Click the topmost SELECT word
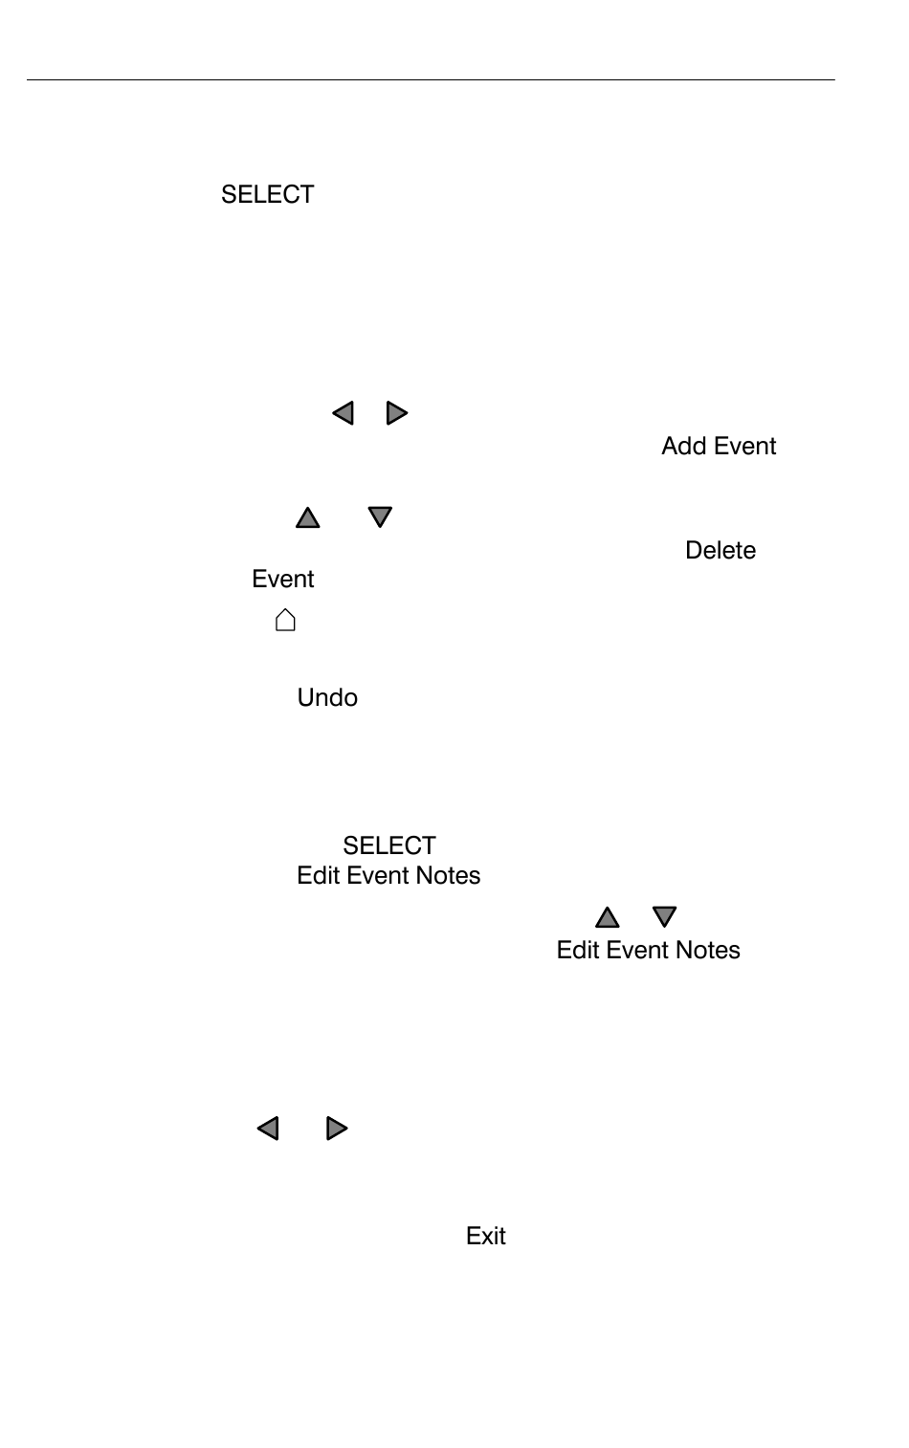(x=267, y=194)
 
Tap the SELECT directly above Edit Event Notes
(x=388, y=845)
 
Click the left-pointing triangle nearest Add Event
(x=343, y=413)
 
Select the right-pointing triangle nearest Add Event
(x=397, y=413)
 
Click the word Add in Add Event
(x=683, y=446)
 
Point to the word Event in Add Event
(x=744, y=446)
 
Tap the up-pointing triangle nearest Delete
(x=307, y=517)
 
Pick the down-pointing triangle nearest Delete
(x=380, y=516)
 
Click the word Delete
(x=721, y=550)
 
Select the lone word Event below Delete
(x=282, y=579)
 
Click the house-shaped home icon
(x=285, y=620)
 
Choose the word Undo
(x=327, y=697)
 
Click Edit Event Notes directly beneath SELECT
(x=388, y=875)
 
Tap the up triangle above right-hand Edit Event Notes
(x=608, y=918)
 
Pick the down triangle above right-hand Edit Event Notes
(x=664, y=916)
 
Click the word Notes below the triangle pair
(x=708, y=950)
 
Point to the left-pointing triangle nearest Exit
(x=268, y=1129)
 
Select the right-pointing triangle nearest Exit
(x=337, y=1129)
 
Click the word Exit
(x=485, y=1236)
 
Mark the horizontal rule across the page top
(x=431, y=80)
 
